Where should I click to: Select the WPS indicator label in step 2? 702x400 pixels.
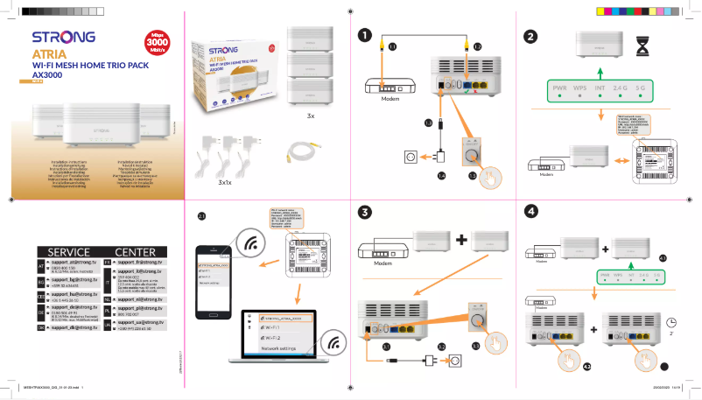click(x=579, y=88)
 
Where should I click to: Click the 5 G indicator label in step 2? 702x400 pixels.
click(x=640, y=88)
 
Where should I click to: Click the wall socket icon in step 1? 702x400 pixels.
click(x=409, y=158)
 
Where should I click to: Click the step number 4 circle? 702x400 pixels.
click(x=530, y=211)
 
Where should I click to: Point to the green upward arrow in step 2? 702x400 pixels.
click(x=600, y=71)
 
